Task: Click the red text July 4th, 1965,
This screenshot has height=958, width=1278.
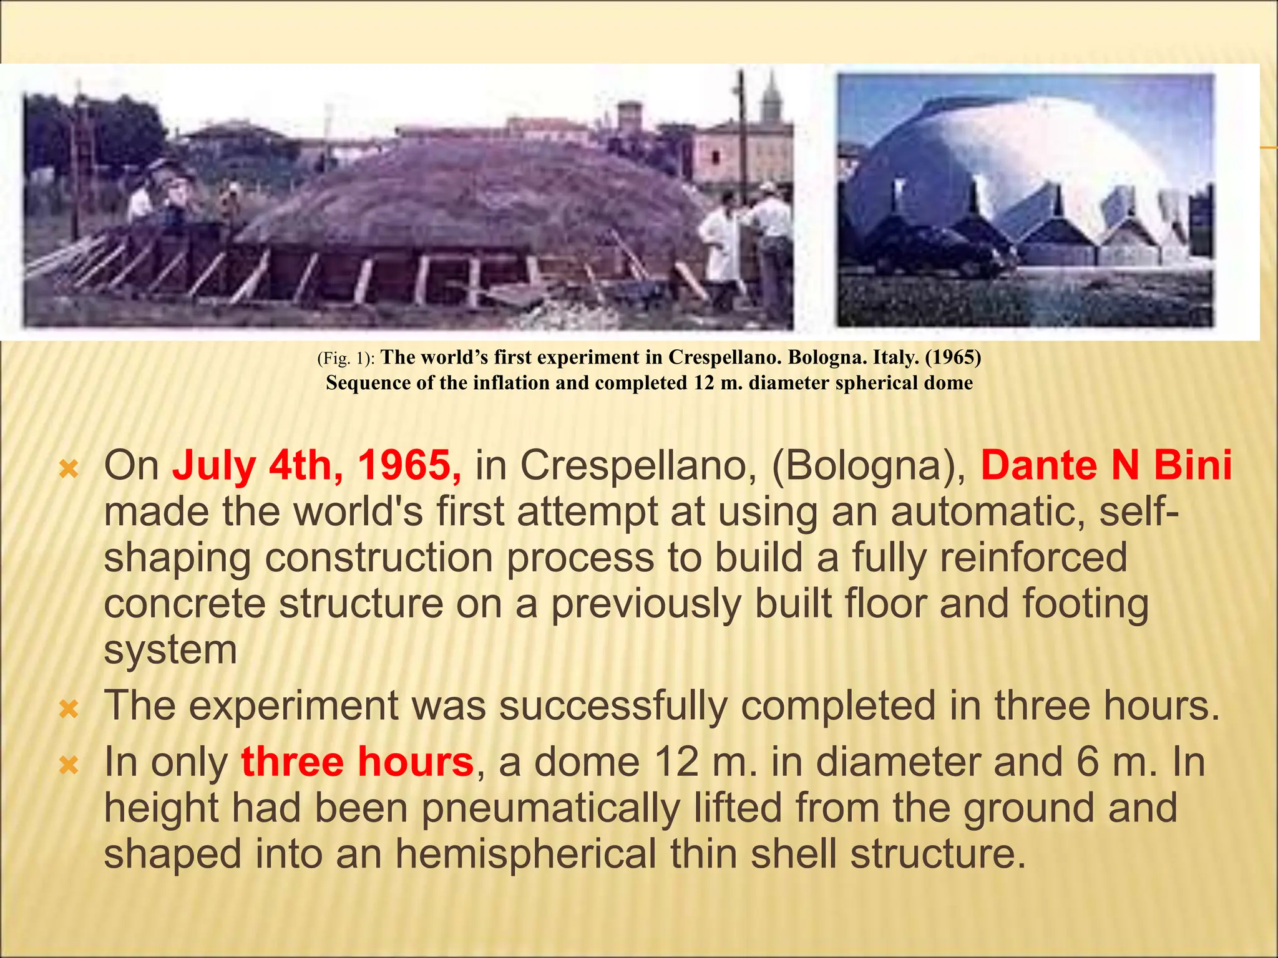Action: point(317,466)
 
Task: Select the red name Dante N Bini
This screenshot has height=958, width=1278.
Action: point(1106,466)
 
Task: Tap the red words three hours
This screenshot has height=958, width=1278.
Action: point(357,762)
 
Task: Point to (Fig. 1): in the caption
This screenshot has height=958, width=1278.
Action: point(346,359)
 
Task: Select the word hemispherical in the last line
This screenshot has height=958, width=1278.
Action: point(525,854)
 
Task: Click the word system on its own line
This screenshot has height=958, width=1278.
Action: point(170,651)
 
